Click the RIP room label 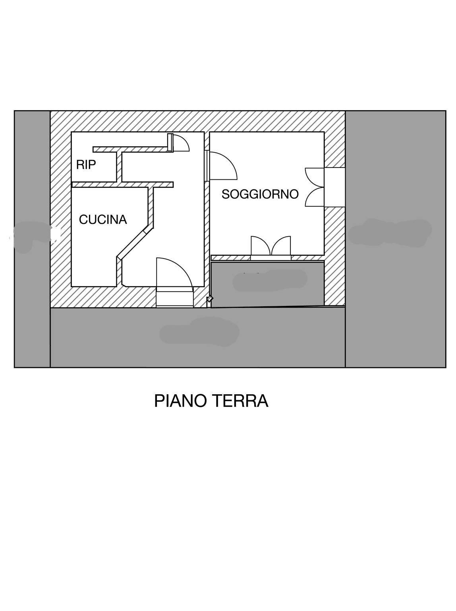(x=86, y=165)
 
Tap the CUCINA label (x=103, y=220)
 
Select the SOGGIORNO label (x=260, y=194)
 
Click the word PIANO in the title (x=181, y=401)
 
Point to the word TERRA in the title (x=240, y=401)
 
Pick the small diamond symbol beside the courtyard (x=210, y=299)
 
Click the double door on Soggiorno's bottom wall (x=271, y=246)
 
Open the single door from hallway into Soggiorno (x=222, y=165)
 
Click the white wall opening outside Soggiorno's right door (x=334, y=187)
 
